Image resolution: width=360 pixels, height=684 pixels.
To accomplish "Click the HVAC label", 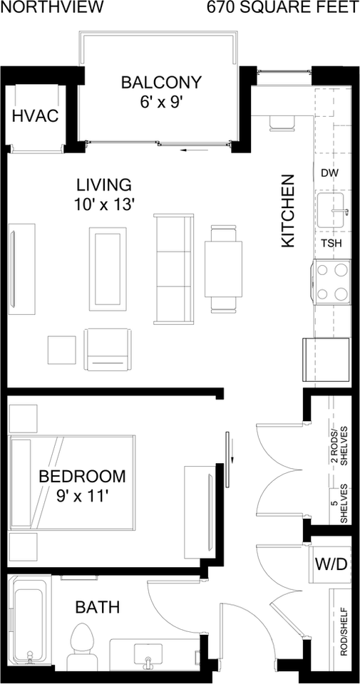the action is tap(36, 116).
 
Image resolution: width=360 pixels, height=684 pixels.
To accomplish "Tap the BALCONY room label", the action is tap(161, 82).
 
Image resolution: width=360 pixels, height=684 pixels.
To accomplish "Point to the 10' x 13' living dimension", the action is tap(104, 204).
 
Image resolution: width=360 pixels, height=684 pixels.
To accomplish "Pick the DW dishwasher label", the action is tap(329, 172).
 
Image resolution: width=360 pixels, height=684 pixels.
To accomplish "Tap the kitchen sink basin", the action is tap(333, 211).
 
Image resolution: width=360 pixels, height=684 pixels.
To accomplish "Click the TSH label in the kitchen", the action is tap(331, 244).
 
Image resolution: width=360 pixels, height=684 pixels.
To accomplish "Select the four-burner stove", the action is tap(332, 281).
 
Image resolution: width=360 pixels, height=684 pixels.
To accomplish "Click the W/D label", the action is tap(331, 564).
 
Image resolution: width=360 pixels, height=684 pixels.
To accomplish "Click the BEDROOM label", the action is tap(82, 476).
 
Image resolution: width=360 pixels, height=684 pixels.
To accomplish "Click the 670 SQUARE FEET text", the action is tap(283, 7).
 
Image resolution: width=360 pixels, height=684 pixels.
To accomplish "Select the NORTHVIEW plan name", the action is tap(52, 7).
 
